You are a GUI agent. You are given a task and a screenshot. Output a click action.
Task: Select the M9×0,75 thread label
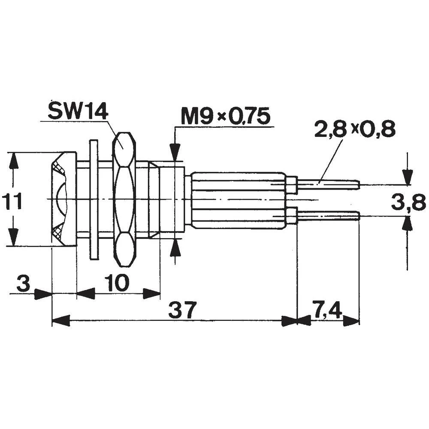tap(225, 116)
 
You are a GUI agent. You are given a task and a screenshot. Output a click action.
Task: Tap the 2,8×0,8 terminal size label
tap(354, 130)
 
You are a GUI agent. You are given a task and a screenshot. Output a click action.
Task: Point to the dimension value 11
tap(12, 201)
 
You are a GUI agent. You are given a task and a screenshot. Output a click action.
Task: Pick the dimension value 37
tap(182, 310)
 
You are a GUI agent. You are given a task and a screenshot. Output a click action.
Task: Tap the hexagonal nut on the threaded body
tap(124, 199)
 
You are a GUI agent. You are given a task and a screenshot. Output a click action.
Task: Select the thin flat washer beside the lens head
tap(94, 199)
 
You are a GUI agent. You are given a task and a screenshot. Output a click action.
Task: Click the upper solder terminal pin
tap(328, 185)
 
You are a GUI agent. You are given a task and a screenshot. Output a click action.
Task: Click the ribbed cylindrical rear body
tap(238, 199)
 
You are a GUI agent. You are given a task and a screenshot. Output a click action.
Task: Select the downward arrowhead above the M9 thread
tap(175, 152)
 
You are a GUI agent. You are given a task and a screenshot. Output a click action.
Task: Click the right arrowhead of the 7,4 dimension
tap(351, 321)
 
